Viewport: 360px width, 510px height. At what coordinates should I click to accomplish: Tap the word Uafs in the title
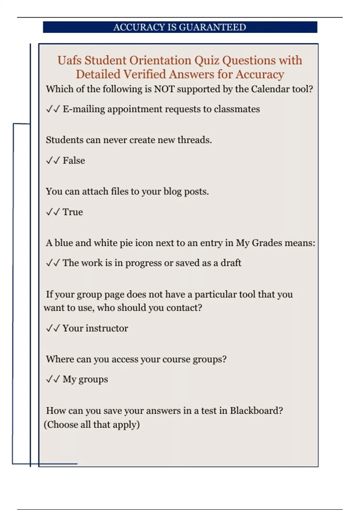(69, 60)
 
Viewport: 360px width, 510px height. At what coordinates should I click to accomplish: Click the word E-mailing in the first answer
(84, 109)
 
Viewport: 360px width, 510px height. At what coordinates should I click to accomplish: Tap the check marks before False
(53, 160)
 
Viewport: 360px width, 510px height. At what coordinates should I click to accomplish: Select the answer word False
(74, 160)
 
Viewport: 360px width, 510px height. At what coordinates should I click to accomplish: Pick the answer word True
(73, 212)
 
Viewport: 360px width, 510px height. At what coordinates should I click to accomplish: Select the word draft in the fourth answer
(231, 263)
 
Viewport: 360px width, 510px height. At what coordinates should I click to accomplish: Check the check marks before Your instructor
(53, 328)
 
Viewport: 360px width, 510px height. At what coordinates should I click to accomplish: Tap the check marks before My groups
(53, 379)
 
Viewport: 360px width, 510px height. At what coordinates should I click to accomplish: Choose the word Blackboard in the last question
(256, 410)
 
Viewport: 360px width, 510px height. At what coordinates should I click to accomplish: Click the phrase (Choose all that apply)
(92, 424)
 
